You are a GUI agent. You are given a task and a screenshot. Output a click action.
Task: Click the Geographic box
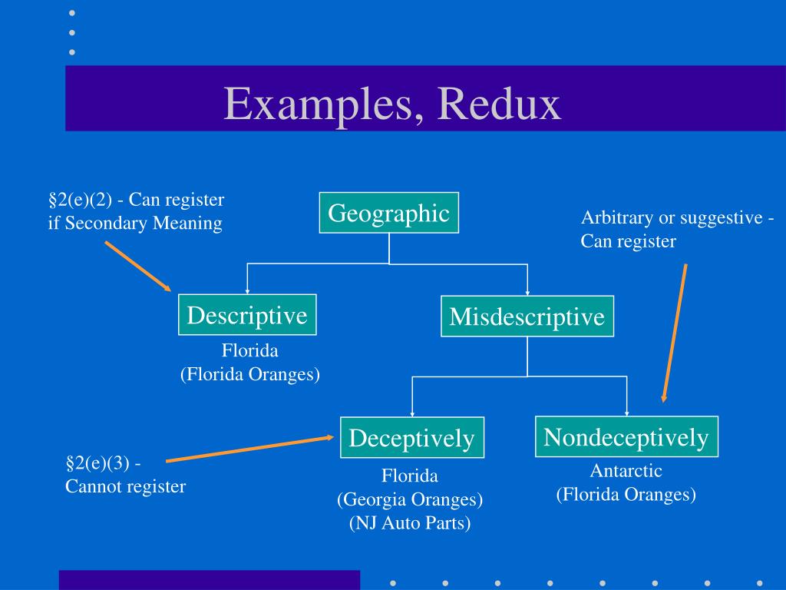click(389, 213)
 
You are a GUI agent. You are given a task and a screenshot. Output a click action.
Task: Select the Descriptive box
click(247, 315)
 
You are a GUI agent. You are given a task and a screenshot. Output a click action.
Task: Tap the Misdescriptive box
click(527, 317)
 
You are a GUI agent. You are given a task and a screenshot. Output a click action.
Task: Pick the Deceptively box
click(412, 438)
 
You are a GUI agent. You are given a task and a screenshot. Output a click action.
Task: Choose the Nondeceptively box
click(626, 437)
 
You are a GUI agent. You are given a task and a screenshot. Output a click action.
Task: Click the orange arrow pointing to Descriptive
click(138, 267)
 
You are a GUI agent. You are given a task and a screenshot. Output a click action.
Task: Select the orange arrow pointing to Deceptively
click(250, 449)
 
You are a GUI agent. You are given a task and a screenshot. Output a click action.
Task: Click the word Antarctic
click(626, 471)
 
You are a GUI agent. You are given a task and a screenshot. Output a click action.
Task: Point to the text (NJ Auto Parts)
click(410, 524)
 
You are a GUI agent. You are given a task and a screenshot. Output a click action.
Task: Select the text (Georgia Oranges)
click(410, 500)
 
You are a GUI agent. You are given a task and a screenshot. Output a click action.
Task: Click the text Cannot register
click(125, 486)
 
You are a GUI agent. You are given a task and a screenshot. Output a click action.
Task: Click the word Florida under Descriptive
click(249, 351)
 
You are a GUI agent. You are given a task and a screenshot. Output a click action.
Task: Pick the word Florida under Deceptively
click(410, 476)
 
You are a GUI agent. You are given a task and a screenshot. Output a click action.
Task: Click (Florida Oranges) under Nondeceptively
click(626, 495)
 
